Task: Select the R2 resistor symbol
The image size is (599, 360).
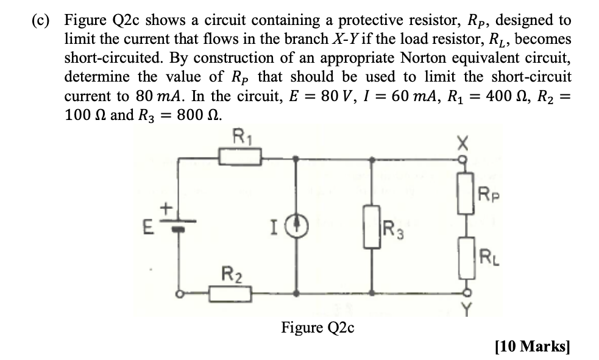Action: coord(231,294)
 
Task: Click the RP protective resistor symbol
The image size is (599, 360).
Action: coord(467,196)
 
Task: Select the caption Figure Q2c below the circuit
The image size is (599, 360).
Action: coord(317,328)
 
